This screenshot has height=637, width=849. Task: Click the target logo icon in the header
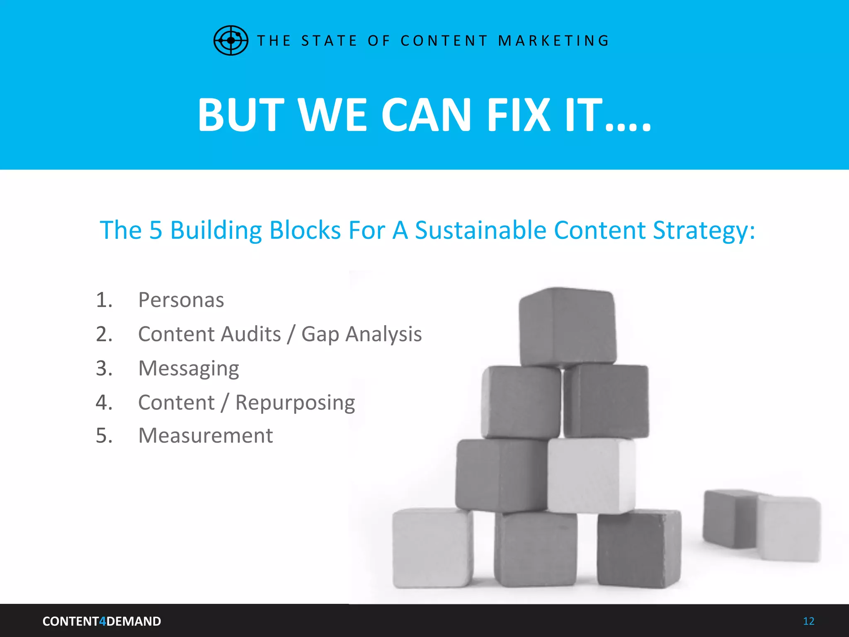230,40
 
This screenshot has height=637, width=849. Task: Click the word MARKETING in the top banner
553,41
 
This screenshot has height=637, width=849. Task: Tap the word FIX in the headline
519,115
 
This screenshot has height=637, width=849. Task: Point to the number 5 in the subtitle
155,230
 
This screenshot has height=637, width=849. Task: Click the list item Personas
181,300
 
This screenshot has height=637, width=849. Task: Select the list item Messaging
189,368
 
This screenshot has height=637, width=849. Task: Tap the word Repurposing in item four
295,403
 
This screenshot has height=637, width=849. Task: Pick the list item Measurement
206,436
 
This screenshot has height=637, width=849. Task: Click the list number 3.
104,368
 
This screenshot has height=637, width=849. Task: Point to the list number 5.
104,436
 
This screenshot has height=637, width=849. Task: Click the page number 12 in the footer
808,621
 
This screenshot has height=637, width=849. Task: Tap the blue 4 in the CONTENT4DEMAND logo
103,621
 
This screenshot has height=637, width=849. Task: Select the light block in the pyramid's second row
591,476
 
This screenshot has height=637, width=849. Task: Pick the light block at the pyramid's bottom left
432,547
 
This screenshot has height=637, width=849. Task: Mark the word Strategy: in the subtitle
704,230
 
